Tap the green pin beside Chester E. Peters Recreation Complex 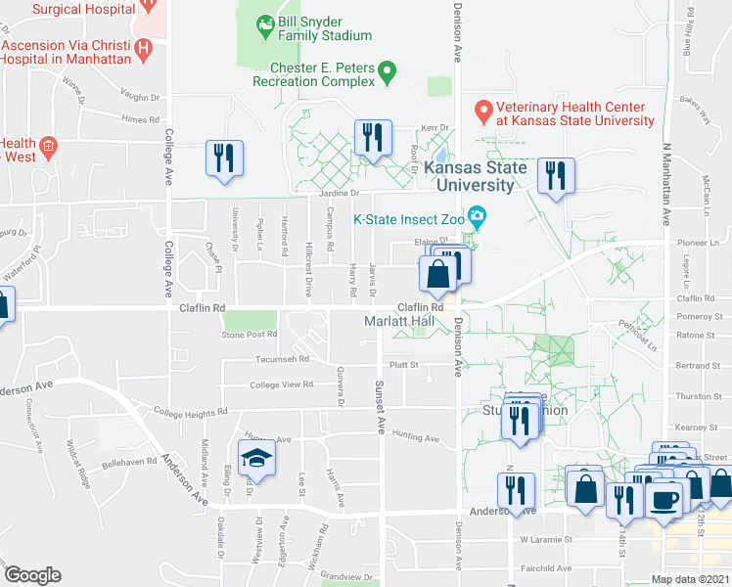point(388,71)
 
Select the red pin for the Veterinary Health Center point(482,109)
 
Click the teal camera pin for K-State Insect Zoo point(477,215)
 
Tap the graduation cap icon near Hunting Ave point(255,459)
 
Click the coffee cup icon point(665,499)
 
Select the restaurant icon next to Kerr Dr point(372,138)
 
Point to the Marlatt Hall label point(398,322)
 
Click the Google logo point(32,574)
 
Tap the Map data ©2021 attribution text point(691,579)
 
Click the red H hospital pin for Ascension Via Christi point(144,47)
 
